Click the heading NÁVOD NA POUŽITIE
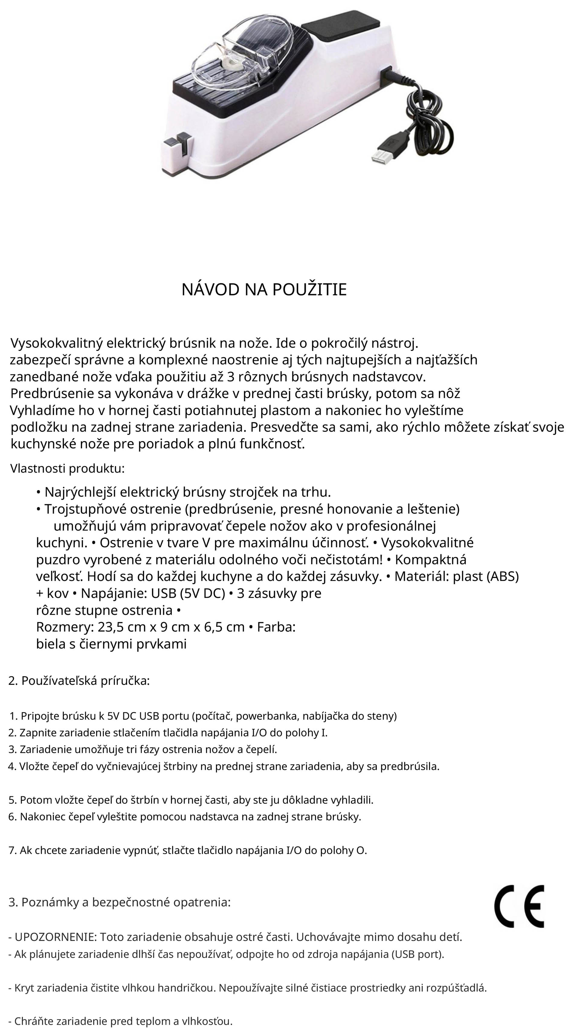tap(264, 289)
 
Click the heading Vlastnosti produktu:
tap(67, 469)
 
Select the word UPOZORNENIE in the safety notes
tap(55, 937)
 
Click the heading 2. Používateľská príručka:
tap(79, 681)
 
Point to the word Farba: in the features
tap(276, 627)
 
